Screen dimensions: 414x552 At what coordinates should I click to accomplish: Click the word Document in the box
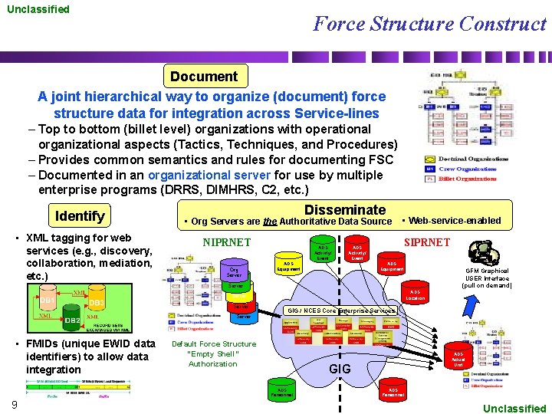204,76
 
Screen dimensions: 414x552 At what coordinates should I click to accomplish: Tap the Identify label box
80,215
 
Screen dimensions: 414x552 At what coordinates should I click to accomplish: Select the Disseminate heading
345,209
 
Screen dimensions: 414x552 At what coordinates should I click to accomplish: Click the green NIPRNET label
226,242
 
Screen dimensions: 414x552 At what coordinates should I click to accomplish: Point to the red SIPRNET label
426,242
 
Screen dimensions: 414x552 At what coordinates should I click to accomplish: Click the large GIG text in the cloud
339,369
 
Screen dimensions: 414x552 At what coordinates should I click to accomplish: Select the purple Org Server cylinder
235,272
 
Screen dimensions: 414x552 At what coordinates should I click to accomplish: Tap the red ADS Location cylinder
415,295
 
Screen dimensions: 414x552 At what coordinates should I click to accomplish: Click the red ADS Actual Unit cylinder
458,359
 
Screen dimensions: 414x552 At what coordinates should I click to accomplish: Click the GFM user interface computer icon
484,253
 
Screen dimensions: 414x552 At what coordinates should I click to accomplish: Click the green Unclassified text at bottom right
514,409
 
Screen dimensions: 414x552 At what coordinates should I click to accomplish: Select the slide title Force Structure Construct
429,24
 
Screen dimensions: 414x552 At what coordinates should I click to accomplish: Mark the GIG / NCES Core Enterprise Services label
343,310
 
